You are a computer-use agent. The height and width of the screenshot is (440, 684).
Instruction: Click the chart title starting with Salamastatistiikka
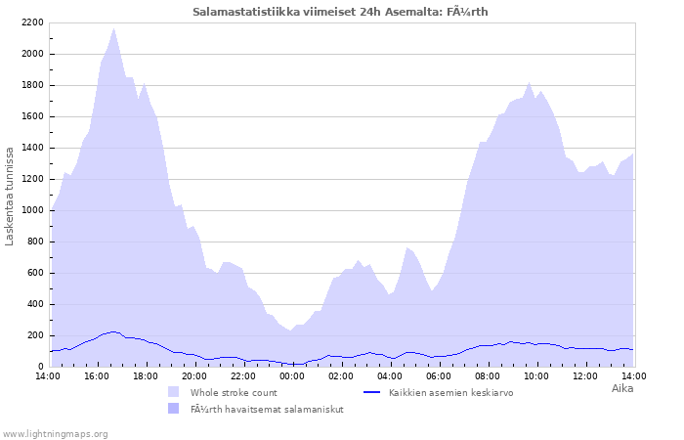tap(340, 12)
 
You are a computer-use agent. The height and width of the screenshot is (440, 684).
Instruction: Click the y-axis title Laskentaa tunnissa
tap(10, 196)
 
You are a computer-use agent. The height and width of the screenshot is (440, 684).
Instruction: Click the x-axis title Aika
tap(622, 388)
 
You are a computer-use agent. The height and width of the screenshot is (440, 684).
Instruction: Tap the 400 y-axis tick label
tap(34, 304)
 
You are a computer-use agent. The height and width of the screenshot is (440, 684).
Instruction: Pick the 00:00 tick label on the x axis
tap(292, 375)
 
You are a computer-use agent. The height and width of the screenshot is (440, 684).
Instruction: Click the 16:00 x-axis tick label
tap(97, 375)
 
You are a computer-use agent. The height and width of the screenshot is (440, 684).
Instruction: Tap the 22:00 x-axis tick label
tap(243, 375)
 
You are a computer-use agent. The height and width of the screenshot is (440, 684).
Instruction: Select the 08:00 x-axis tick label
tap(488, 375)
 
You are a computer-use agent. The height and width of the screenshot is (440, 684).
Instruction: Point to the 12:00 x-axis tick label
tap(585, 375)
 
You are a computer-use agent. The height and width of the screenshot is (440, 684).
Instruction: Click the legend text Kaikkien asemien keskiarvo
tap(450, 392)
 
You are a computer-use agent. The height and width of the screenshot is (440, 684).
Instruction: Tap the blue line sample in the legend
tap(371, 392)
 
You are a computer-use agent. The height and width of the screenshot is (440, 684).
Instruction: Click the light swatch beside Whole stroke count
tap(174, 392)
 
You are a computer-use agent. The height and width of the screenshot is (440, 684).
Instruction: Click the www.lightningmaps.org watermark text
tap(55, 433)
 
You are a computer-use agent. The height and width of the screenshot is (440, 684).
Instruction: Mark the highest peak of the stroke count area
tap(114, 28)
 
